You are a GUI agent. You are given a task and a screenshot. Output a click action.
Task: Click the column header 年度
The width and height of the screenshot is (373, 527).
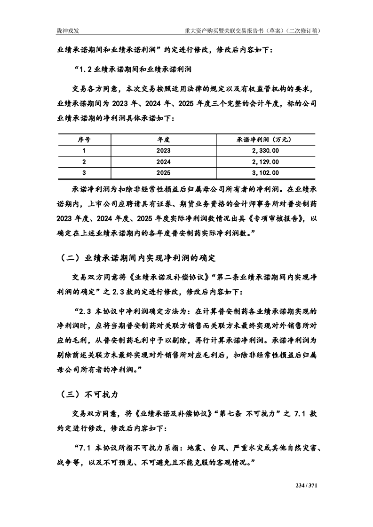[163, 139]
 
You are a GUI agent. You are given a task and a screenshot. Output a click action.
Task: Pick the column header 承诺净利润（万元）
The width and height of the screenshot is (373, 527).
[265, 139]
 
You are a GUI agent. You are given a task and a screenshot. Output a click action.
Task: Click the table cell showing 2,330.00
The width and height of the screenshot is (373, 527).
[265, 150]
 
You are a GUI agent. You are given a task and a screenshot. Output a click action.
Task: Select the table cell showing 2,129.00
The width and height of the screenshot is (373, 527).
[265, 162]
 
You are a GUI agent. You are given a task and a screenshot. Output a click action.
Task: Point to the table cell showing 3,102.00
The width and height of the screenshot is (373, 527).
[265, 173]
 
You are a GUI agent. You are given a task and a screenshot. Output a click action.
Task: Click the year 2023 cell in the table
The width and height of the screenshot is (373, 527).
[163, 150]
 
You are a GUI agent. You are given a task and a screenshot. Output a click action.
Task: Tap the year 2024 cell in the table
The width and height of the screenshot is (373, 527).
[163, 162]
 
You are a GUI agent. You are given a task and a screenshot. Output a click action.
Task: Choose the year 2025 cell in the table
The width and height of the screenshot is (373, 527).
[163, 173]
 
